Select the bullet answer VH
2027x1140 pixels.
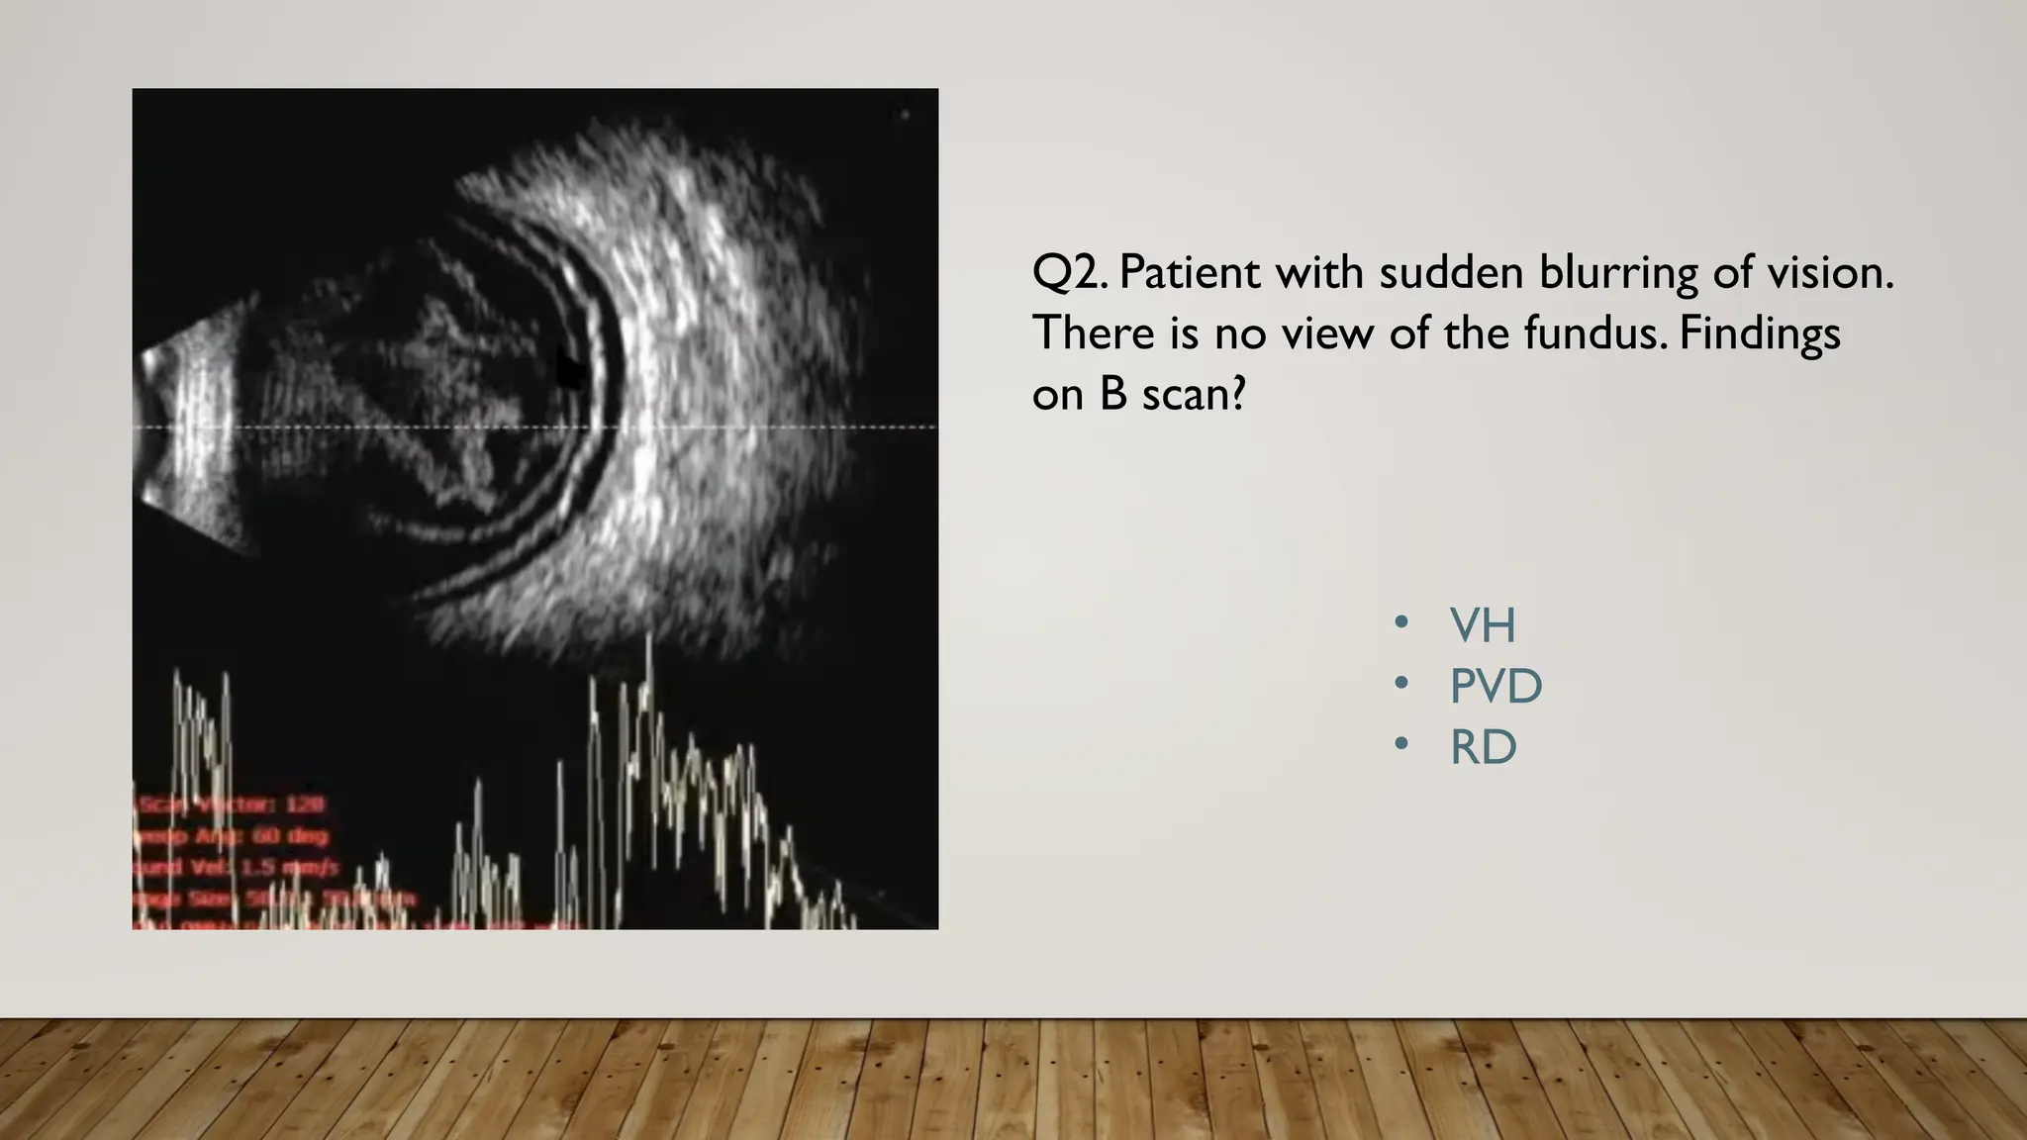pos(1482,625)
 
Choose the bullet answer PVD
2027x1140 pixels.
pos(1496,687)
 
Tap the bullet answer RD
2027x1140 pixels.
pos(1483,748)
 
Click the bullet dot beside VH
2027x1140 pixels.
pos(1400,623)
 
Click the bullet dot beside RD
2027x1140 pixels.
pos(1400,746)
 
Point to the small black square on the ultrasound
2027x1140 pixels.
pos(568,370)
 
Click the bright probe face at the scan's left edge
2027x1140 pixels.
pos(194,426)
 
